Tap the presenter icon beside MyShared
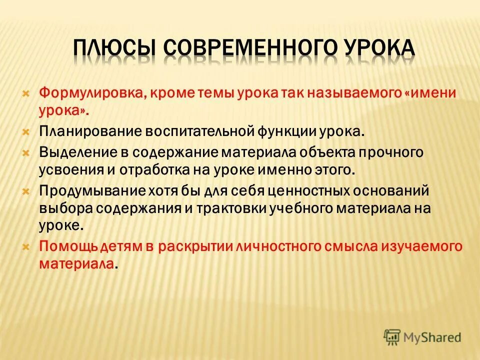pyautogui.click(x=392, y=337)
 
